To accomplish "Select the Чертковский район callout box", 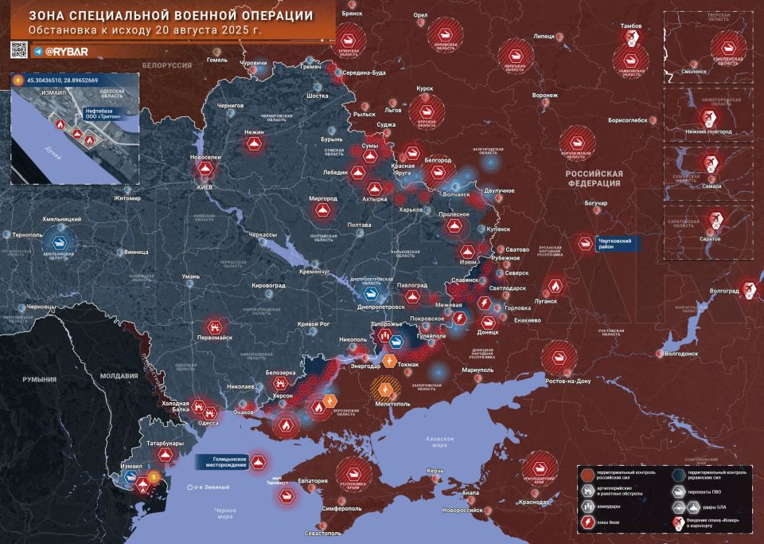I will click(618, 244).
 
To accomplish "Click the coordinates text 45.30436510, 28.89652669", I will click(68, 81).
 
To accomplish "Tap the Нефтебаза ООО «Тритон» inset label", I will click(103, 112).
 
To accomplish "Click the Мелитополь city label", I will click(387, 405).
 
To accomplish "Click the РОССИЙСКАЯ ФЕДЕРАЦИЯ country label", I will click(594, 178).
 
